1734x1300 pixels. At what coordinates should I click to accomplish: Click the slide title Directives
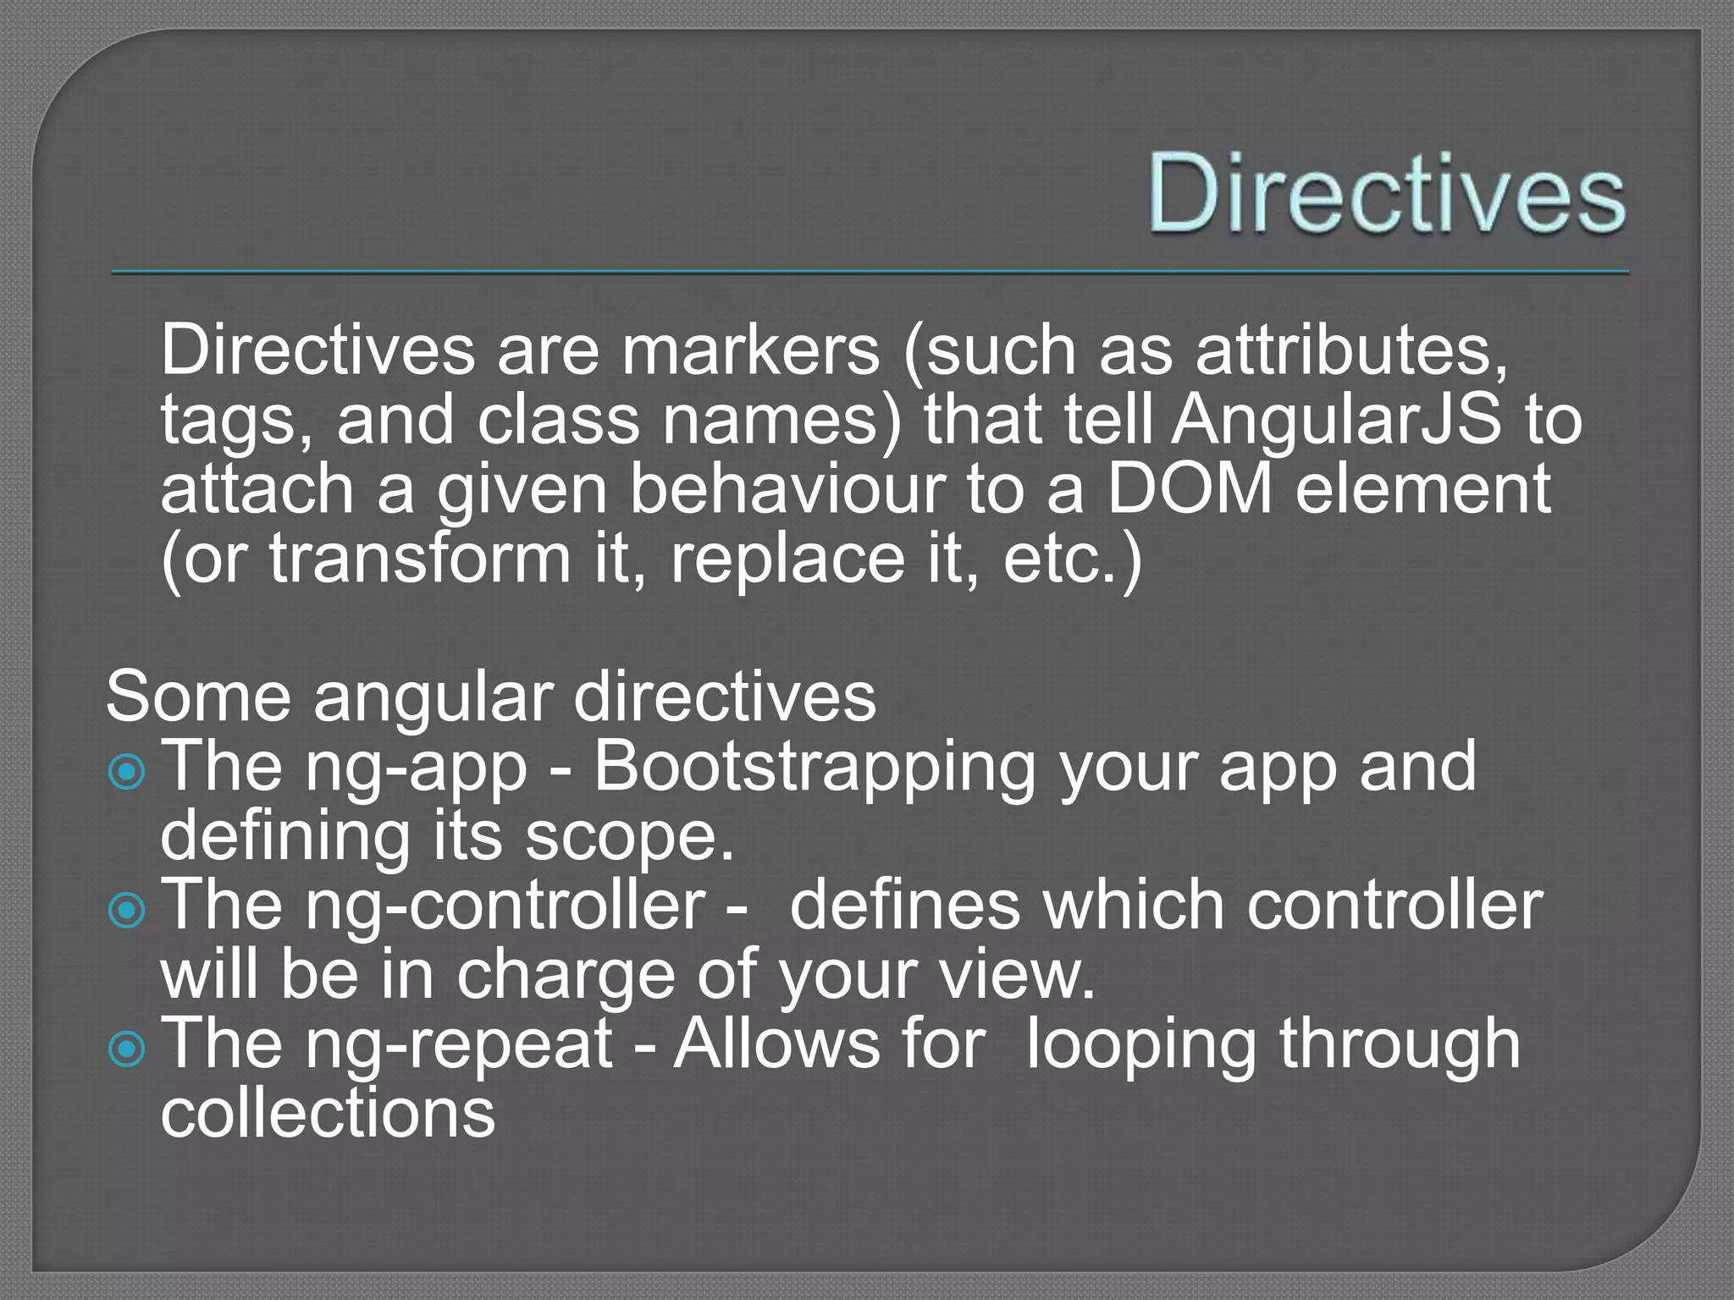tap(1386, 194)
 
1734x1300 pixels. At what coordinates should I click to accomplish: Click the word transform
tap(421, 559)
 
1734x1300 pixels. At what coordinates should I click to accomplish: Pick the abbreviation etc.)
tap(1072, 559)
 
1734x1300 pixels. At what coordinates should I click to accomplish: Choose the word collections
tap(328, 1112)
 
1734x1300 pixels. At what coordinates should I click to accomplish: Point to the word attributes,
tap(1351, 350)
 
